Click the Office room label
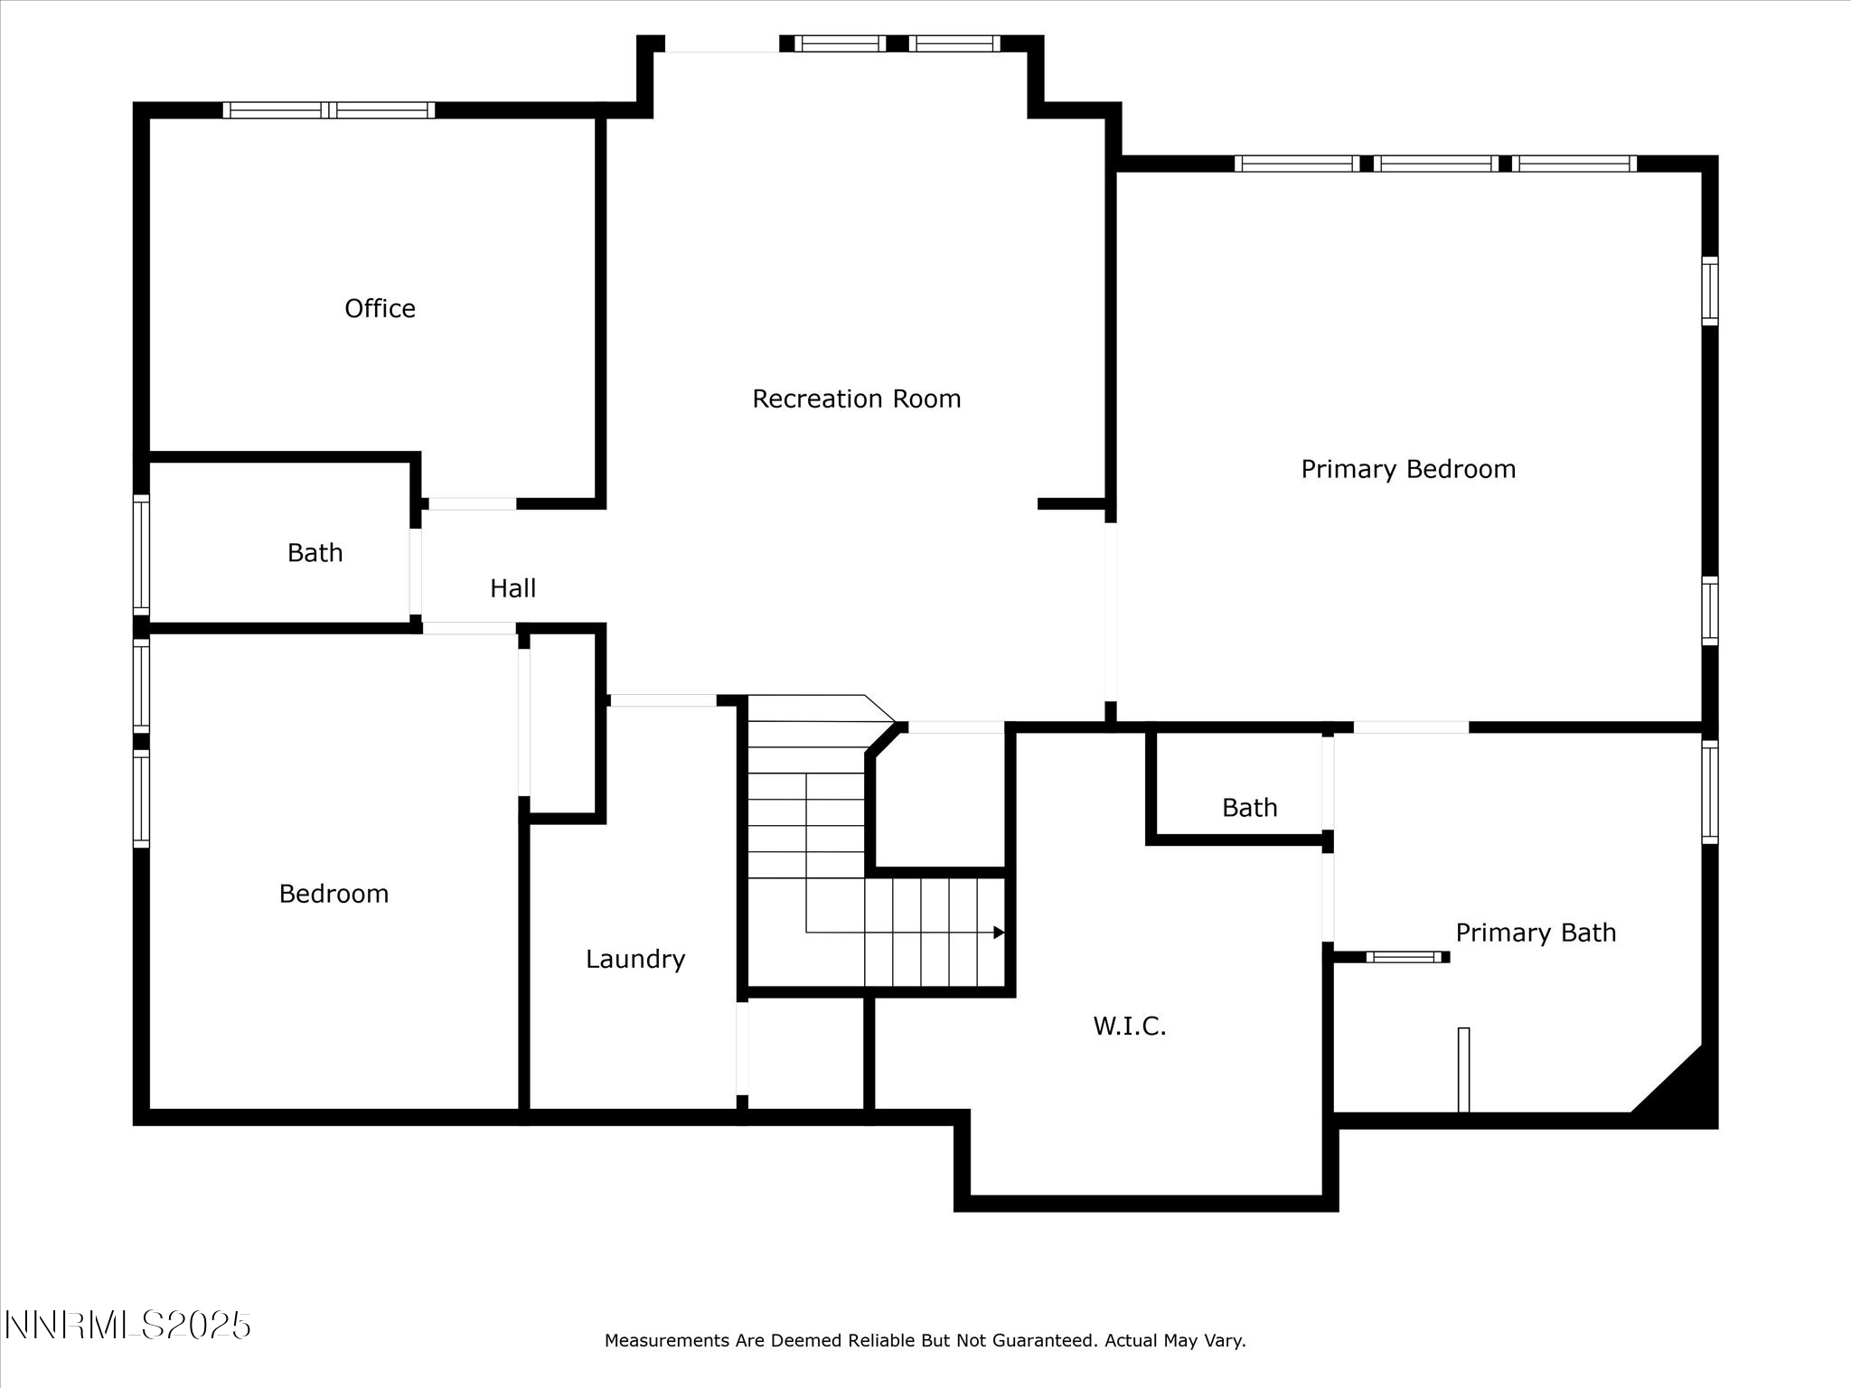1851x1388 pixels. [x=380, y=309]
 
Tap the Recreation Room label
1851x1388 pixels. [x=856, y=399]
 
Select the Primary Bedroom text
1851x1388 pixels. [x=1407, y=469]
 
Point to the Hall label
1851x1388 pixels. [x=512, y=588]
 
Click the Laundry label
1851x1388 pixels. [x=634, y=959]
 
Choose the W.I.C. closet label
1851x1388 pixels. [x=1129, y=1026]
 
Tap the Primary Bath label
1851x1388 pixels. [x=1535, y=933]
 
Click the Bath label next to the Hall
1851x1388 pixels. [x=315, y=552]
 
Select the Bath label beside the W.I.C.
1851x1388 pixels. [x=1249, y=807]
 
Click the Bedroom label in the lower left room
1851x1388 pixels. [x=334, y=894]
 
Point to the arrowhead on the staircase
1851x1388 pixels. [x=999, y=933]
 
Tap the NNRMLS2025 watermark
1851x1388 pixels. [x=127, y=1326]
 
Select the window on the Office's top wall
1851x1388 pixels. [x=329, y=110]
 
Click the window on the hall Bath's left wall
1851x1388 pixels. [x=141, y=554]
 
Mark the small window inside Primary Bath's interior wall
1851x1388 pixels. [x=1405, y=956]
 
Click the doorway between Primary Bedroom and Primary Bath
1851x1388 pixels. [x=1410, y=727]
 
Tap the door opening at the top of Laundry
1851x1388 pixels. [x=662, y=700]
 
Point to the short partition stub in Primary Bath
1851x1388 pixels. [x=1463, y=1069]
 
